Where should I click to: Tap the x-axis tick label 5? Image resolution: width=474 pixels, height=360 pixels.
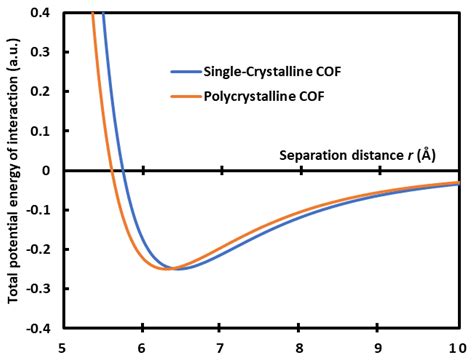click(65, 348)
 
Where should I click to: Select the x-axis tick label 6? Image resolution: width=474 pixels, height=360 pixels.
click(143, 348)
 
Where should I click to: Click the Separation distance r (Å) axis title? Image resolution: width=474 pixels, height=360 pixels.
click(355, 156)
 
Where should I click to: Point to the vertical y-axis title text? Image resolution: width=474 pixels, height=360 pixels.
click(13, 170)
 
